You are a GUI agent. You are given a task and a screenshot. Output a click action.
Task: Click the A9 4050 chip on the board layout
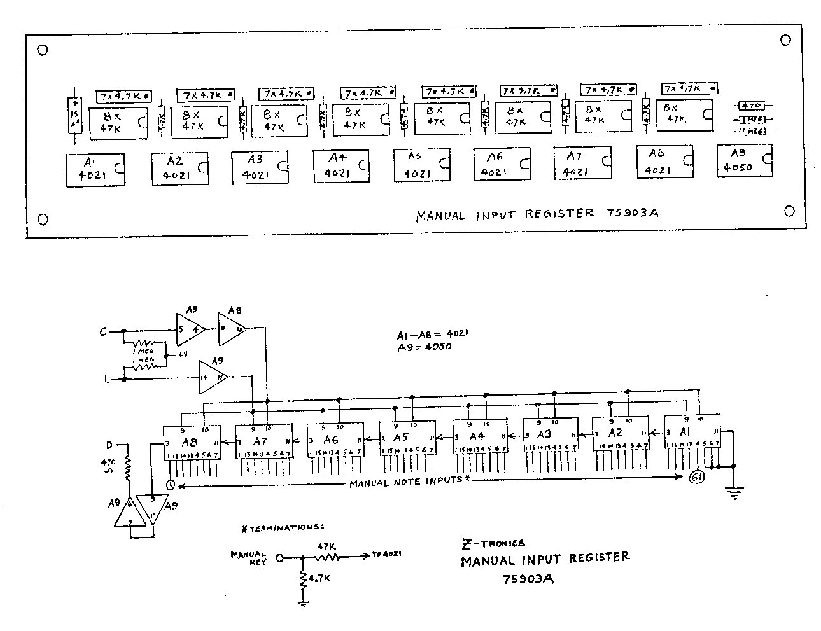click(744, 161)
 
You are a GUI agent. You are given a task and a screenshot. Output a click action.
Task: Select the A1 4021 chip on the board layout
click(95, 169)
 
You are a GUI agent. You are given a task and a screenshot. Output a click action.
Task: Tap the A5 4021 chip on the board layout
click(421, 165)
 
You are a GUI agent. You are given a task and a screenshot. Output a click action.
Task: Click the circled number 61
click(696, 478)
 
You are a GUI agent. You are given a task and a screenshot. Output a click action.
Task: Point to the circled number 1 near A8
click(170, 485)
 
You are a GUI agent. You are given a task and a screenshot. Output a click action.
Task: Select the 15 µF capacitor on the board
click(75, 116)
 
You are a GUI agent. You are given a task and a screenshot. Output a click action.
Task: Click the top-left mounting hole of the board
click(43, 50)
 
